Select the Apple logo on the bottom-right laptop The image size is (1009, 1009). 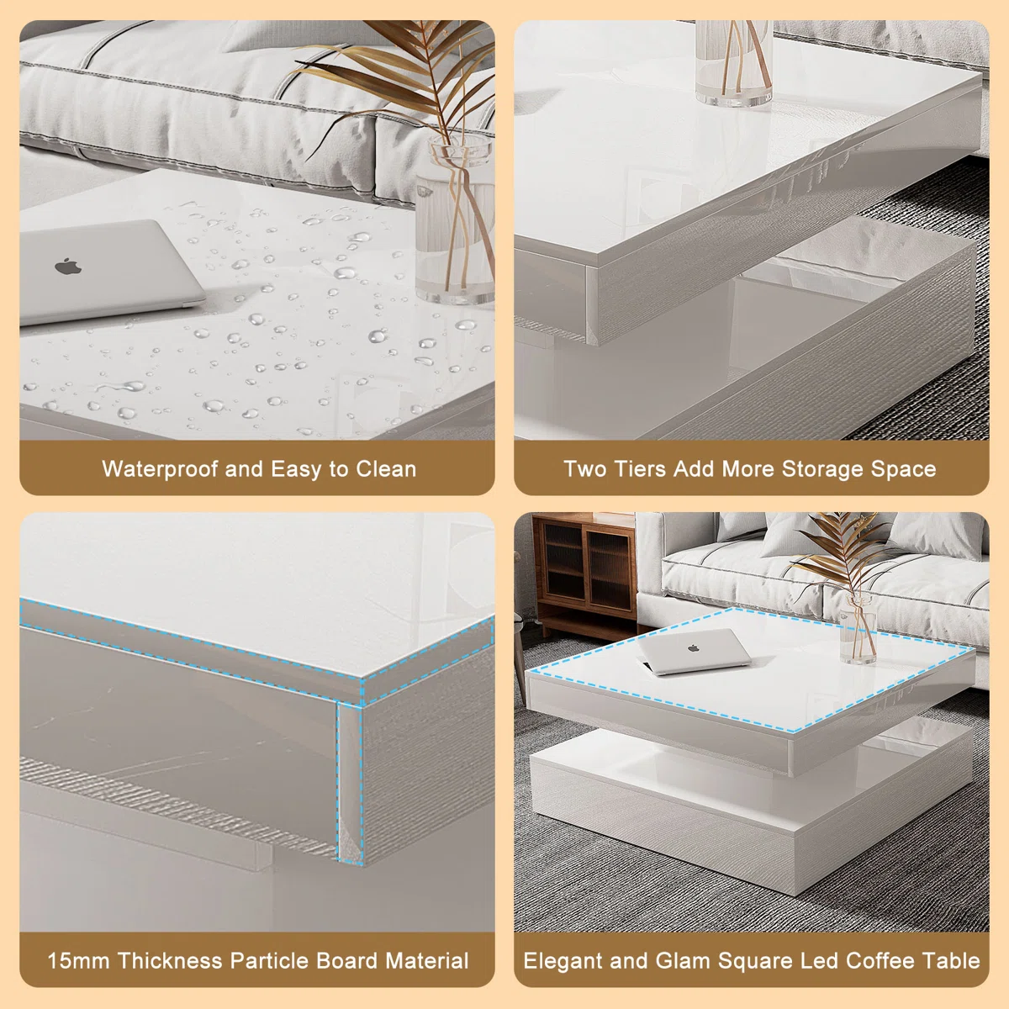tap(694, 648)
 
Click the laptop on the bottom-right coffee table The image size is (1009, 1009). tap(695, 652)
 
